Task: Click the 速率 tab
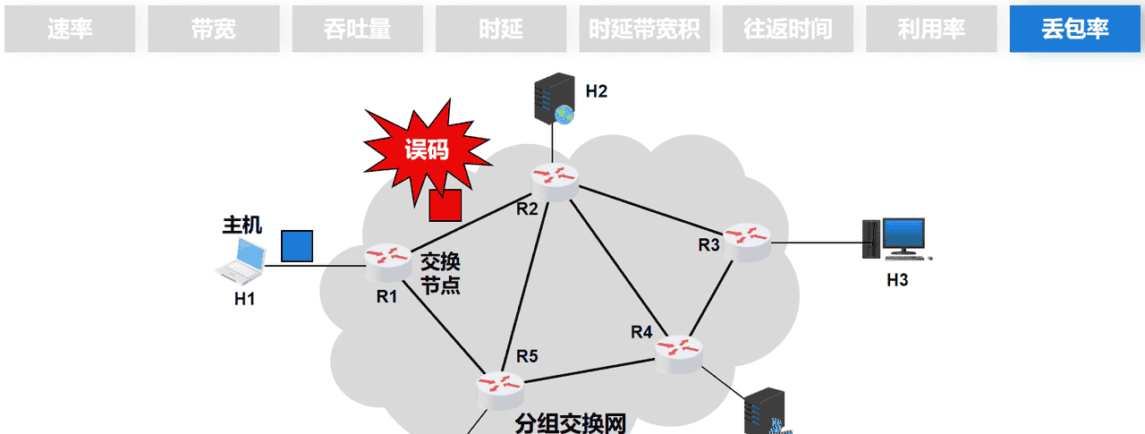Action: coord(70,29)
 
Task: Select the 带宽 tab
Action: coord(213,29)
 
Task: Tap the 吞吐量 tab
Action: coord(357,29)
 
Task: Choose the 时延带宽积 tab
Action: coord(644,29)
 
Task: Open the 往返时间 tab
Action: coord(787,29)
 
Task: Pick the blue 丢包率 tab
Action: coord(1074,29)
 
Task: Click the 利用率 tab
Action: coord(931,29)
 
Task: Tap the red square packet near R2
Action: coord(445,205)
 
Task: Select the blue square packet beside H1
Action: coord(297,246)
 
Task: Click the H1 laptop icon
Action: coord(242,260)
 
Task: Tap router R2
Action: coord(554,178)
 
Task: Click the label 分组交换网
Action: coord(570,423)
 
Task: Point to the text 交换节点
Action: coord(440,274)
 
